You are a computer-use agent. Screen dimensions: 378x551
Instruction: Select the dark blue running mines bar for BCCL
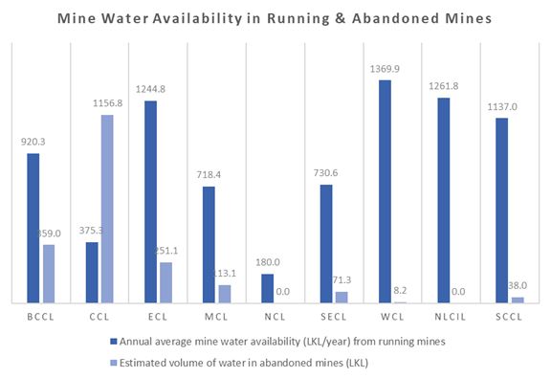33,228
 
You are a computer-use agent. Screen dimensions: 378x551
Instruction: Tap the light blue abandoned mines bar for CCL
107,209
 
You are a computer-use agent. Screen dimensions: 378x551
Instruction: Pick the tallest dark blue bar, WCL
385,191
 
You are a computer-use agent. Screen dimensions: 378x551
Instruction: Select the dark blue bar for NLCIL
443,200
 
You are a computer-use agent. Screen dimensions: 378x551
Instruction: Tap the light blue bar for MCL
225,293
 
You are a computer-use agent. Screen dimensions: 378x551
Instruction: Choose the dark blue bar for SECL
326,243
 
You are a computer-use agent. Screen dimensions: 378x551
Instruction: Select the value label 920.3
33,142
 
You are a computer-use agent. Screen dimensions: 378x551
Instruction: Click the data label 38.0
518,285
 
